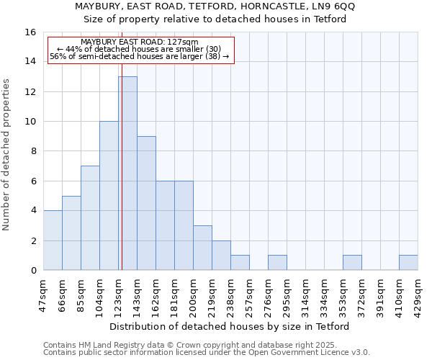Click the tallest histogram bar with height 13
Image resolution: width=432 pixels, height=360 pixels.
pyautogui.click(x=127, y=173)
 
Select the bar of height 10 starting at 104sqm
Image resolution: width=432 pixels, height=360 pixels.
pyautogui.click(x=109, y=195)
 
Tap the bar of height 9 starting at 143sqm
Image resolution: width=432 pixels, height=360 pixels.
pyautogui.click(x=146, y=203)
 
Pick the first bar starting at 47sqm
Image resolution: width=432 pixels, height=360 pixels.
pyautogui.click(x=53, y=240)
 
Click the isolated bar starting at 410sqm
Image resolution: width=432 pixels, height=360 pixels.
pyautogui.click(x=408, y=263)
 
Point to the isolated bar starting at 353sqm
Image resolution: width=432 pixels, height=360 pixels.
pyautogui.click(x=352, y=263)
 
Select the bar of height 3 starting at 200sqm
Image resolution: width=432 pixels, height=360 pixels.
pyautogui.click(x=202, y=248)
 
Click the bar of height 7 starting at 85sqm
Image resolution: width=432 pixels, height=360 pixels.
pyautogui.click(x=90, y=217)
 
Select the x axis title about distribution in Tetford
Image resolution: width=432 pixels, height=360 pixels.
pyautogui.click(x=230, y=327)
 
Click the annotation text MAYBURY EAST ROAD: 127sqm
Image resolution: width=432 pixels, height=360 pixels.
pyautogui.click(x=139, y=42)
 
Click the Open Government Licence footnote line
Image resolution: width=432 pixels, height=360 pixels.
pyautogui.click(x=207, y=353)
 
